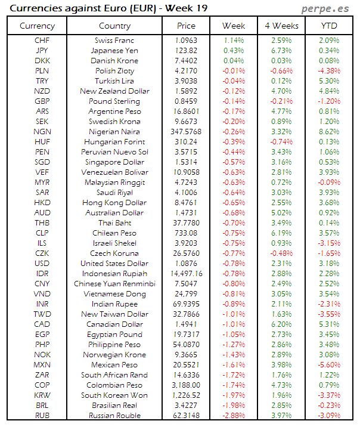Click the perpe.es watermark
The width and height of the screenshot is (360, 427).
pos(325,9)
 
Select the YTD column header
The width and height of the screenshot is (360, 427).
pos(328,26)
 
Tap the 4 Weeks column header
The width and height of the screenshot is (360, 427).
pos(281,26)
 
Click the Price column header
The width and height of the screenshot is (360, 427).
pos(186,26)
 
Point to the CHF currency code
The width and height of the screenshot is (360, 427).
pos(42,40)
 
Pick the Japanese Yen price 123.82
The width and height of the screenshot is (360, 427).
pos(187,50)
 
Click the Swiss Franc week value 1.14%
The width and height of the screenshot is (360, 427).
pos(234,40)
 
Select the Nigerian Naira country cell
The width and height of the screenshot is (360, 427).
pos(114,131)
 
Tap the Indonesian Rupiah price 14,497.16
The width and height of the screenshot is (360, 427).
pos(187,273)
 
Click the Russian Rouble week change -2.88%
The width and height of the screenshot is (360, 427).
pos(233,415)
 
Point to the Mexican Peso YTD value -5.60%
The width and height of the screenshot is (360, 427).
pos(328,364)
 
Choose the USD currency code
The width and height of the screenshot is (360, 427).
pos(42,263)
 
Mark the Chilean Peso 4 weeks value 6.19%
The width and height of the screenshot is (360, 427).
pos(281,233)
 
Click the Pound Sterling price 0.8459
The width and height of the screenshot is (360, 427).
pos(187,101)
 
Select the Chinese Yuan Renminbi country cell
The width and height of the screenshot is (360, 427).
pos(114,283)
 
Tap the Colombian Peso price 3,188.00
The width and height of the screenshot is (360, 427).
pos(187,385)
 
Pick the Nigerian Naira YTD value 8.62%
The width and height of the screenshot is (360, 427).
pos(329,131)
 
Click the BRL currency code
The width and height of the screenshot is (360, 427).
pos(42,405)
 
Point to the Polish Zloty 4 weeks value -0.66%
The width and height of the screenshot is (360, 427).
pos(281,70)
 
